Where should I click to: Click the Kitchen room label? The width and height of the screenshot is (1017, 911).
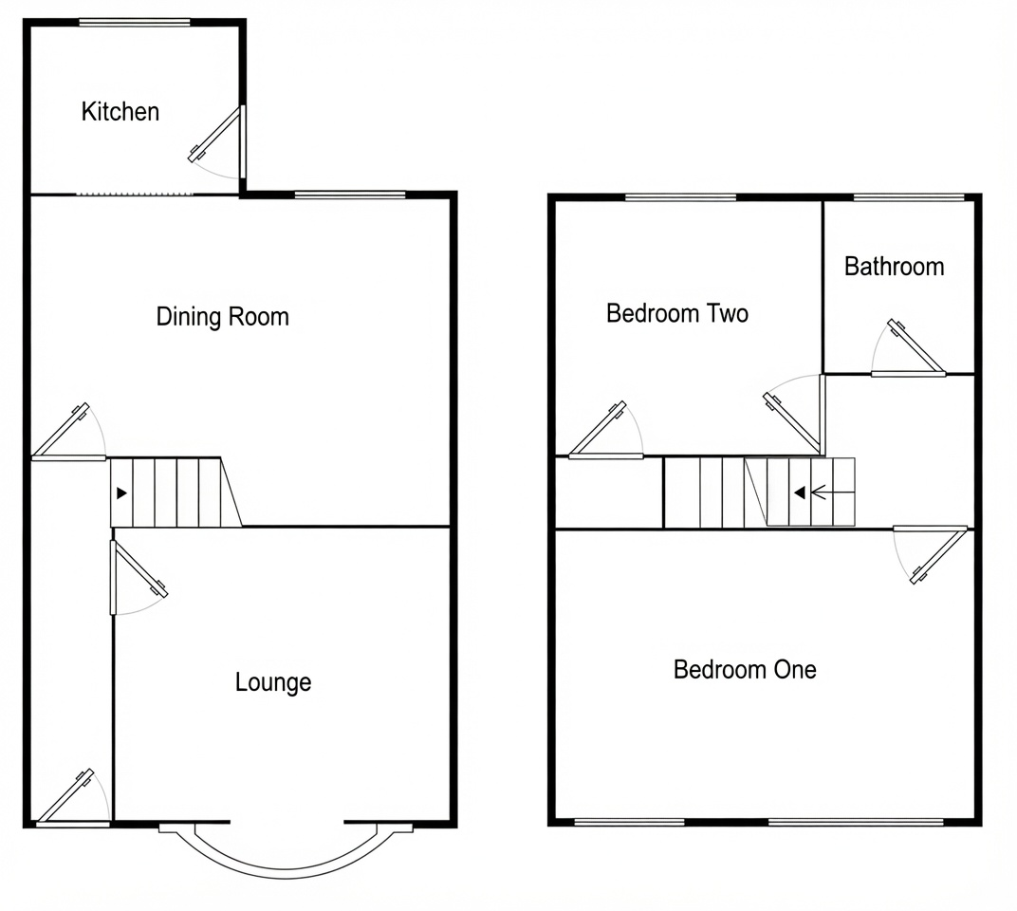[x=120, y=112]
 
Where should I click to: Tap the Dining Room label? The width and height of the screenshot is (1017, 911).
[x=222, y=317]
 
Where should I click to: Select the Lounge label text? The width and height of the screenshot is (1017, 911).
[x=273, y=682]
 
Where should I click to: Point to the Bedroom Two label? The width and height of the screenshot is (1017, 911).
[x=677, y=313]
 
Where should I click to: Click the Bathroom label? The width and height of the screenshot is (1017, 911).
[x=894, y=267]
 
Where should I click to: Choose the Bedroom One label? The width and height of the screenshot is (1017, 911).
[x=745, y=670]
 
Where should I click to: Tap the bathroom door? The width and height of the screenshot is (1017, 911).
[x=908, y=348]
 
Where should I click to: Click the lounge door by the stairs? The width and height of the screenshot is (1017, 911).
[x=139, y=578]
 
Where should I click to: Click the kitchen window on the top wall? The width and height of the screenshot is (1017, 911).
[x=135, y=23]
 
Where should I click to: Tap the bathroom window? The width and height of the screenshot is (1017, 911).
[x=909, y=197]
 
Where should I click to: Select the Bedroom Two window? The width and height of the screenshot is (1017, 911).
[x=681, y=197]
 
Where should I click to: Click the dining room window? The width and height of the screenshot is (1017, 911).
[x=350, y=194]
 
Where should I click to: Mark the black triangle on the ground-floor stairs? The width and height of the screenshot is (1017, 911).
[x=121, y=493]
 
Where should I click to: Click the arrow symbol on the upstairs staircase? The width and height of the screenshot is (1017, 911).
[x=809, y=493]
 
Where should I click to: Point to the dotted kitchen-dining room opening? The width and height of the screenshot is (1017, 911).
[x=135, y=194]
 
